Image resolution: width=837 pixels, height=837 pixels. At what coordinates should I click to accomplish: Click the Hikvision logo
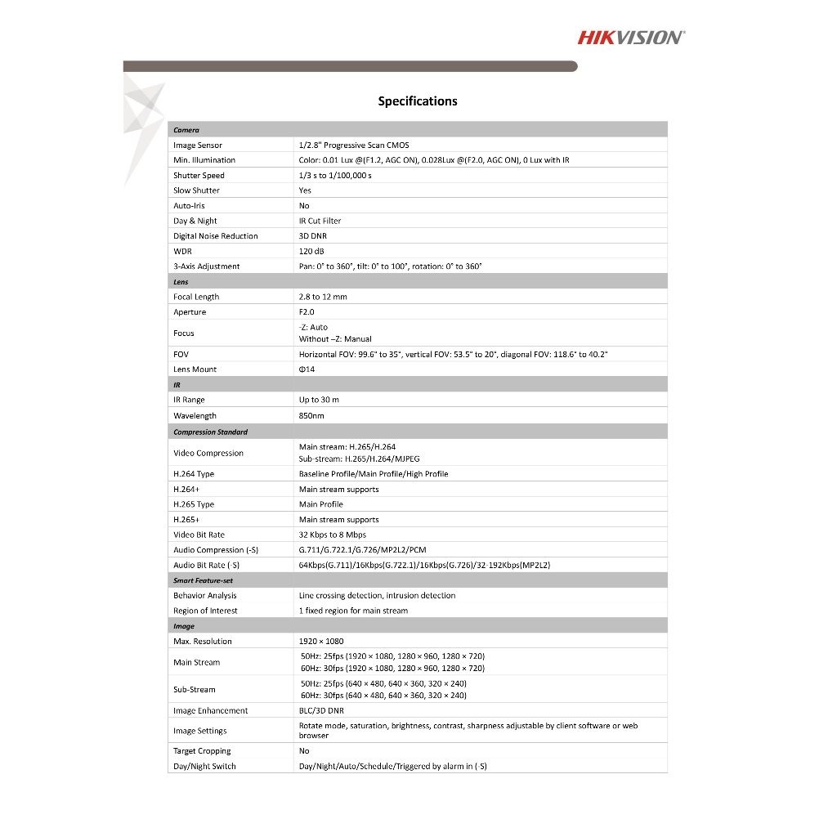[631, 37]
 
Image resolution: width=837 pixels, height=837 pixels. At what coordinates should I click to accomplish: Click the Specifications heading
[418, 101]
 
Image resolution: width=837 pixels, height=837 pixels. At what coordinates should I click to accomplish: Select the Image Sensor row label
[198, 145]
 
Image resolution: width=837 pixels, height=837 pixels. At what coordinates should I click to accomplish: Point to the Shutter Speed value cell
[335, 175]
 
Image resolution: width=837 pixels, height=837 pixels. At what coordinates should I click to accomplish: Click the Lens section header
[181, 282]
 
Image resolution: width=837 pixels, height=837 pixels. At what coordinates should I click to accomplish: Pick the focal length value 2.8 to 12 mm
[323, 297]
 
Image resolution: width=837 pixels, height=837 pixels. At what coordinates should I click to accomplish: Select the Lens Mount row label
[195, 369]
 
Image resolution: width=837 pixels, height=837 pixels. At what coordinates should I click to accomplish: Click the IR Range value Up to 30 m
[319, 400]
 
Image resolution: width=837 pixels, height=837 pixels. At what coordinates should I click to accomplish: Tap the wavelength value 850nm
[311, 415]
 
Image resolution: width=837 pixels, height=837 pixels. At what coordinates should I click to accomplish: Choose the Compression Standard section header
[210, 432]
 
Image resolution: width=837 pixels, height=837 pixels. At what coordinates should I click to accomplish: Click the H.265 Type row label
[194, 504]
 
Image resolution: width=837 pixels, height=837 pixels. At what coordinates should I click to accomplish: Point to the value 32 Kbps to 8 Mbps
[332, 535]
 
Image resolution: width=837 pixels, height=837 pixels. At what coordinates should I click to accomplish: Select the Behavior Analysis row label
[205, 595]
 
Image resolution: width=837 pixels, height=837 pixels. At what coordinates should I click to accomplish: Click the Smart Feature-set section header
[203, 580]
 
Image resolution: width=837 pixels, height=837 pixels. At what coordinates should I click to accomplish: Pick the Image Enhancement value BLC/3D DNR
[322, 710]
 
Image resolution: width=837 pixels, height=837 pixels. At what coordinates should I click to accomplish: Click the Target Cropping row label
[202, 750]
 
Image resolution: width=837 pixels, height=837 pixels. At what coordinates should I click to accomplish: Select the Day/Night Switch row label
[204, 766]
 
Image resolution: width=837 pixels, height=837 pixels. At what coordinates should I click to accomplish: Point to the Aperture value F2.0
[307, 312]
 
